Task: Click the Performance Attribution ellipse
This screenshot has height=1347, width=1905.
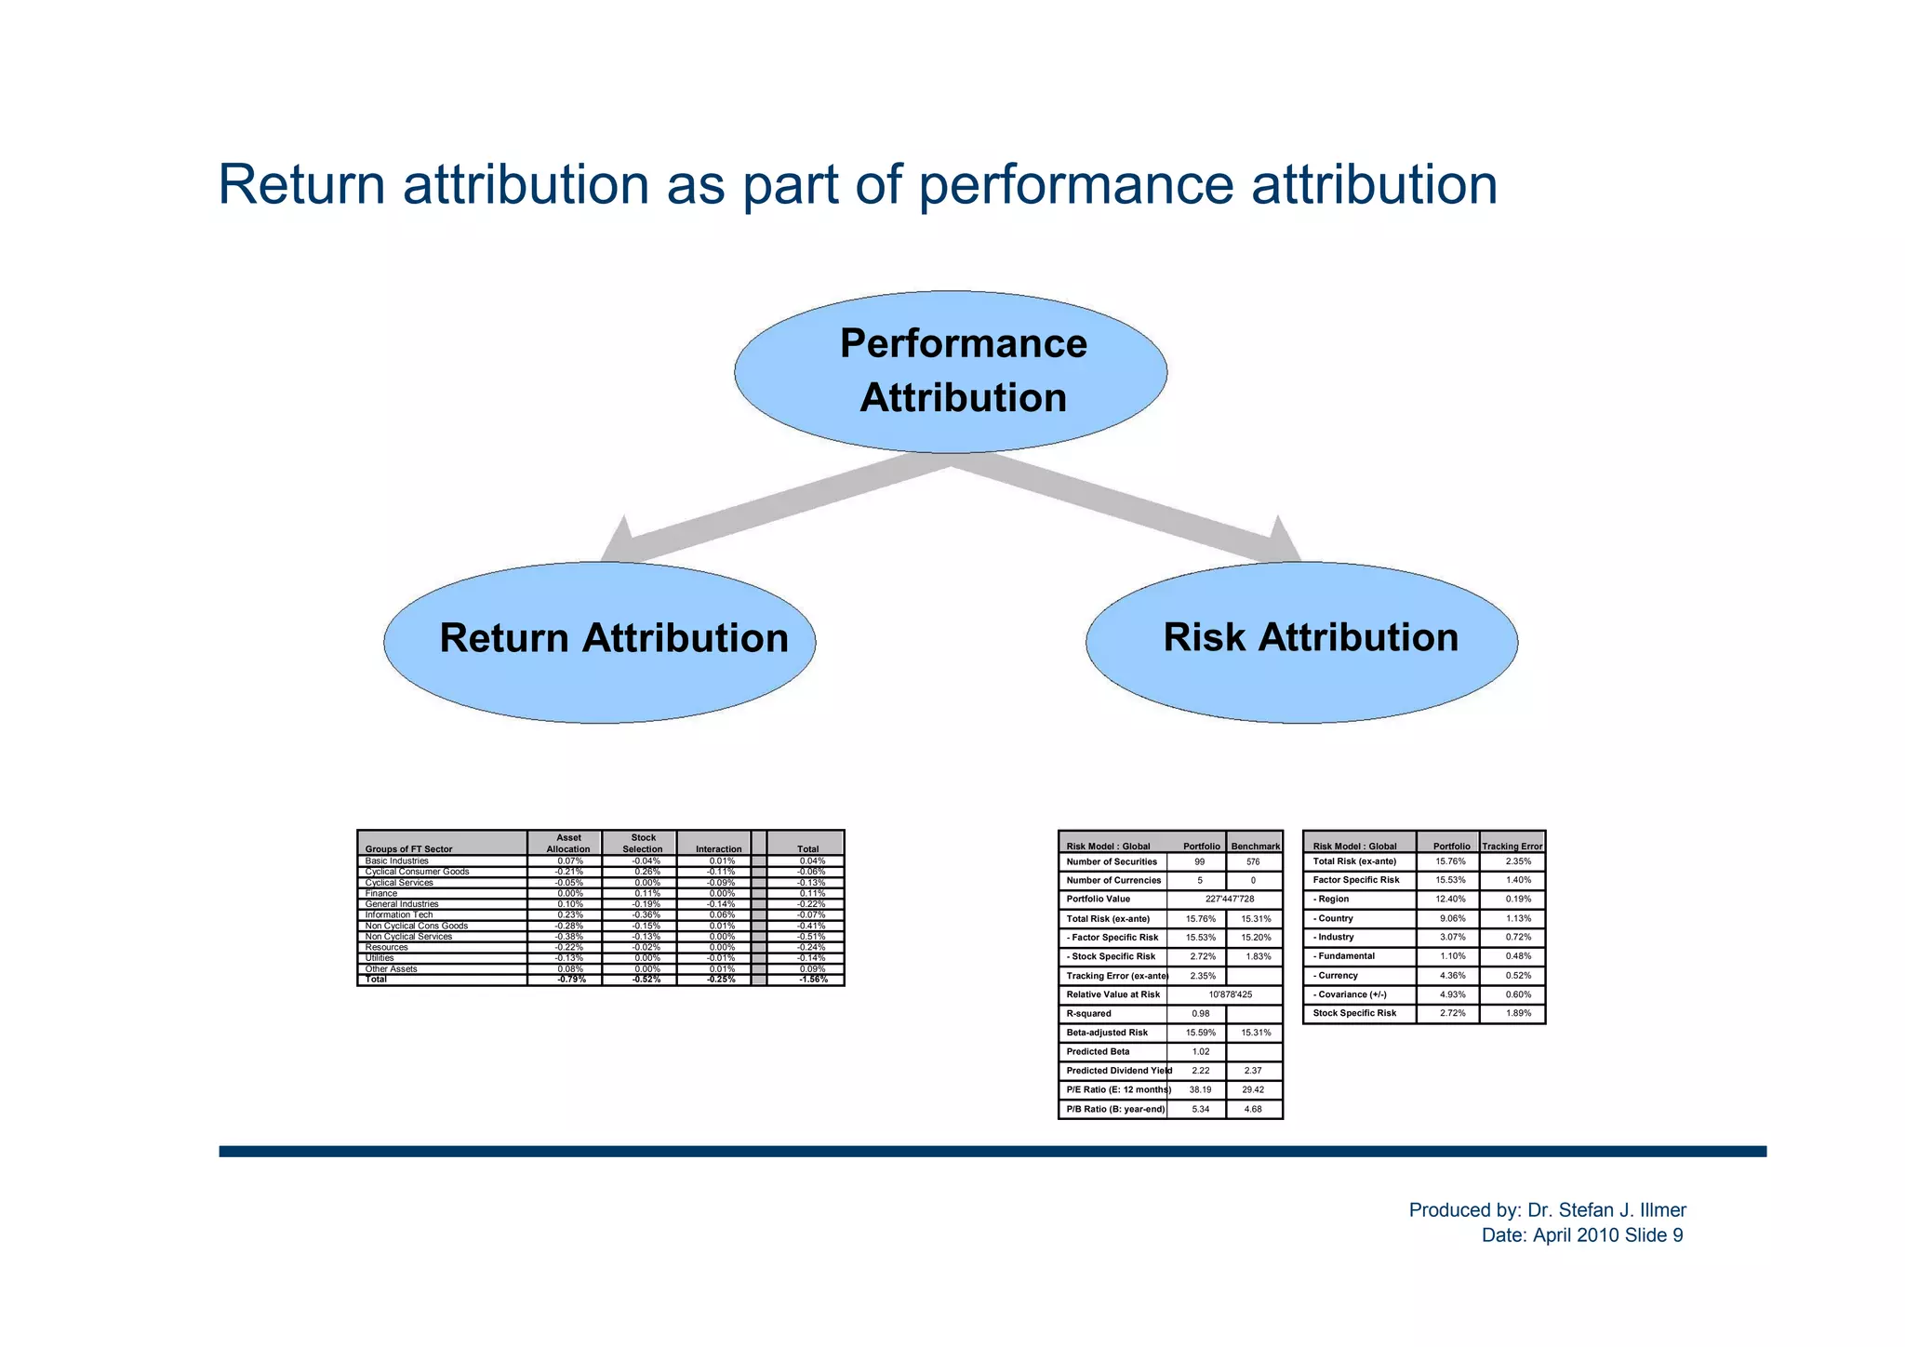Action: [x=951, y=372]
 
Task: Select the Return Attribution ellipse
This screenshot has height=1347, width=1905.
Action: [x=600, y=642]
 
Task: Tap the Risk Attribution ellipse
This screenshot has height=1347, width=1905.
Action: [x=1302, y=642]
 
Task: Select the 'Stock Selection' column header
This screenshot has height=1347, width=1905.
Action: [x=642, y=844]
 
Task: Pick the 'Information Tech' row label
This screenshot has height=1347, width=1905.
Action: [x=399, y=914]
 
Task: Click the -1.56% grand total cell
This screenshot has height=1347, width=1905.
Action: [x=813, y=980]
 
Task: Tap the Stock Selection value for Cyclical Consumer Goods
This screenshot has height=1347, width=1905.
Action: [x=642, y=872]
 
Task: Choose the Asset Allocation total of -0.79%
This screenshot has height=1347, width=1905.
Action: [x=568, y=980]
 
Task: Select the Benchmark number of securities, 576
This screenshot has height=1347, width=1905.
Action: [x=1254, y=862]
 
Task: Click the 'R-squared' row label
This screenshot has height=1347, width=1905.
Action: [x=1089, y=1014]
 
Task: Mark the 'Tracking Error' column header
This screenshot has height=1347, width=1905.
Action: [x=1512, y=847]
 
